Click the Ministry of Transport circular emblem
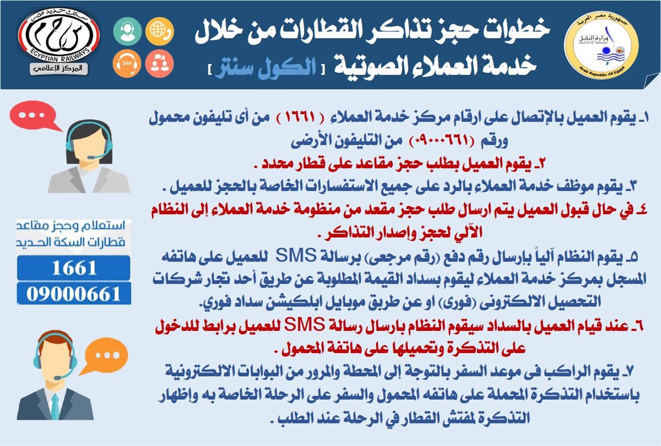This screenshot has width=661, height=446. pos(601,45)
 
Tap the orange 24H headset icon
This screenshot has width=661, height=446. pos(127,63)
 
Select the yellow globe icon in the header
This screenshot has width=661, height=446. pos(159,31)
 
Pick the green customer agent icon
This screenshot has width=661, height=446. pos(127,31)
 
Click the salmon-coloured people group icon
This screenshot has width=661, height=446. pos(159,63)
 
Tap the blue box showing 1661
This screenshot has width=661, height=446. pos(73,268)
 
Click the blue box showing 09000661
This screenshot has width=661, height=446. pos(74,293)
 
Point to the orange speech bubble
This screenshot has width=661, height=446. pos(105,356)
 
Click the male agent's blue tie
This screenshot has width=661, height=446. pos(55,407)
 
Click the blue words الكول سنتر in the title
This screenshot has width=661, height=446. pos(266,68)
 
